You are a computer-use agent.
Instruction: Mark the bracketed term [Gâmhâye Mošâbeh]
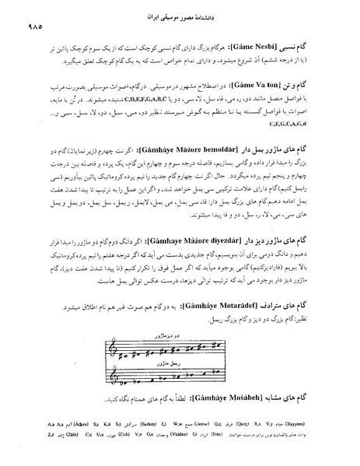pos(229,398)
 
